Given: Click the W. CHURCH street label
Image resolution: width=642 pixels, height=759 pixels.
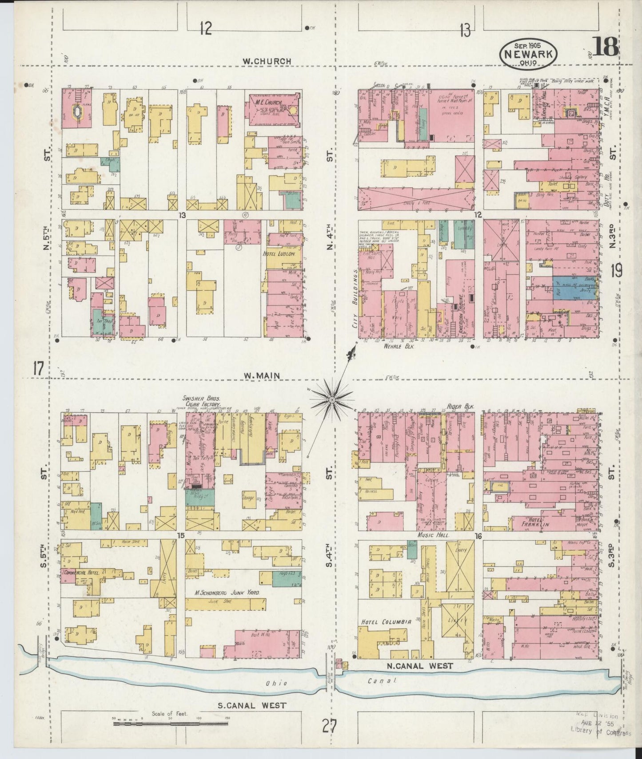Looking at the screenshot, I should (267, 61).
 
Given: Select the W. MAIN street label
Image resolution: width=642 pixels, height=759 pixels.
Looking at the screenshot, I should (262, 376).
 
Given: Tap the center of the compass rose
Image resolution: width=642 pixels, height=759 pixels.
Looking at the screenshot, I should (331, 400).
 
